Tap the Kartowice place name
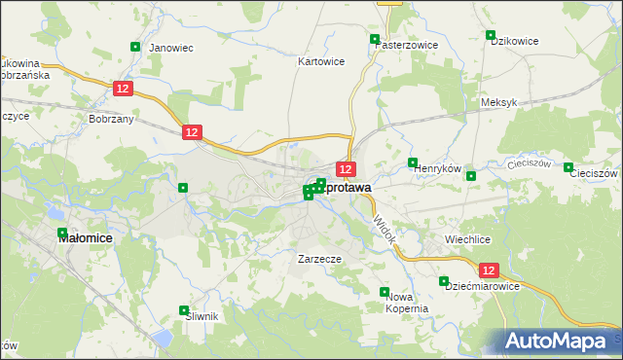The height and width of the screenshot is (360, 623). coord(321,60)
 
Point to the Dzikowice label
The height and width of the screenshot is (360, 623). coord(515,41)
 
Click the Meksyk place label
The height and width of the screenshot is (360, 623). coord(497,102)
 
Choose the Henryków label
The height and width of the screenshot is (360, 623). coord(436,169)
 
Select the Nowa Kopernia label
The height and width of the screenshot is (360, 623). coord(408,302)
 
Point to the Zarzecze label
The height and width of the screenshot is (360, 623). coord(318,260)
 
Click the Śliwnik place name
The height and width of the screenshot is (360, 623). coord(200,316)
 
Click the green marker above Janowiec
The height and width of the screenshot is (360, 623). coord(135,46)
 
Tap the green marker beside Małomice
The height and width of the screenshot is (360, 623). coord(63,233)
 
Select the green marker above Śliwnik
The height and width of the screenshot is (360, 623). coord(184,310)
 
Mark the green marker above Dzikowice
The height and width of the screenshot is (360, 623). coord(492,35)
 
